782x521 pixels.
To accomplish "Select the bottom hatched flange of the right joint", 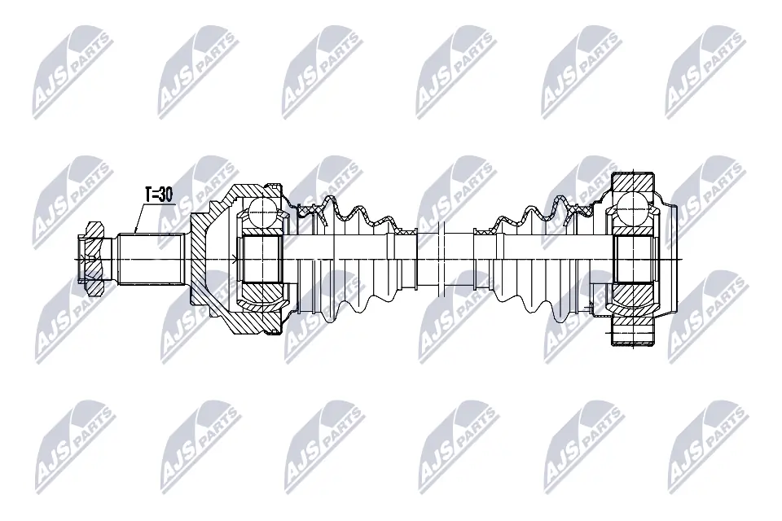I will [x=633, y=335].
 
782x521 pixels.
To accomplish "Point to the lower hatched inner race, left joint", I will [x=262, y=292].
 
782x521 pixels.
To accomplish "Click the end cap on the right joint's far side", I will [x=668, y=259].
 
